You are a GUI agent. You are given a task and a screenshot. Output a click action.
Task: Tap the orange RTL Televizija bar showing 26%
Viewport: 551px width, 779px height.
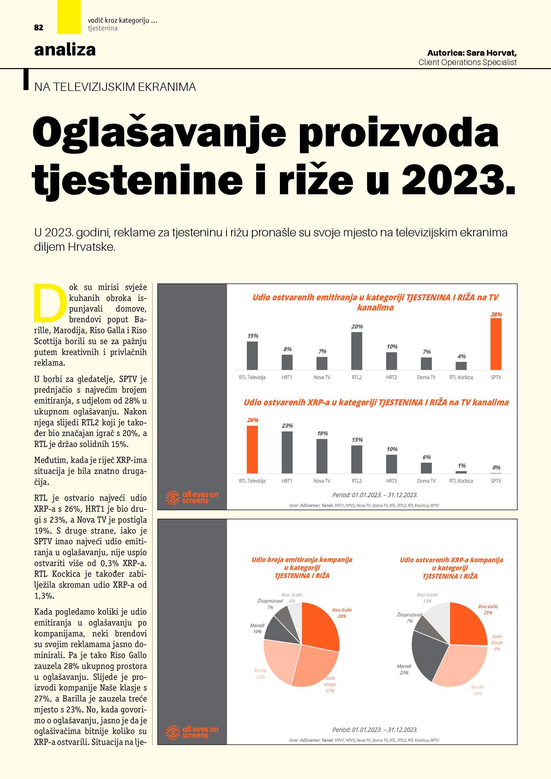[252, 449]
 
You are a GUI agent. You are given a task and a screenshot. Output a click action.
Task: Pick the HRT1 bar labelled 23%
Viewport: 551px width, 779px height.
[287, 452]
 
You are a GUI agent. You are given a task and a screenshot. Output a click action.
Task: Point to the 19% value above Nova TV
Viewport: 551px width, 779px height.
[322, 433]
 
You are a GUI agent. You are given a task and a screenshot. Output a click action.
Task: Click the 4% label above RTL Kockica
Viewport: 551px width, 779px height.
[461, 356]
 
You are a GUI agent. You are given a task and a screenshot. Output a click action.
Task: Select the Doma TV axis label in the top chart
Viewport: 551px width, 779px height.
[426, 377]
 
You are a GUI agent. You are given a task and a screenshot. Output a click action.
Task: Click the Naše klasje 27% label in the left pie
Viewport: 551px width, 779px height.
[330, 684]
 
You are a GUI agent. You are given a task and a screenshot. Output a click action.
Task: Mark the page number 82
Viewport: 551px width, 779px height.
[39, 28]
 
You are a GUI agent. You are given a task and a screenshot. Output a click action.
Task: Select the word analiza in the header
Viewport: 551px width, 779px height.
[65, 50]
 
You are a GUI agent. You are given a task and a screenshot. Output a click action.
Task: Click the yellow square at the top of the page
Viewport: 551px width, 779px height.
[69, 17]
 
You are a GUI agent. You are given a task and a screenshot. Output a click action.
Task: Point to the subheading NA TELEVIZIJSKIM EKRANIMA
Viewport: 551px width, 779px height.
[115, 87]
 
